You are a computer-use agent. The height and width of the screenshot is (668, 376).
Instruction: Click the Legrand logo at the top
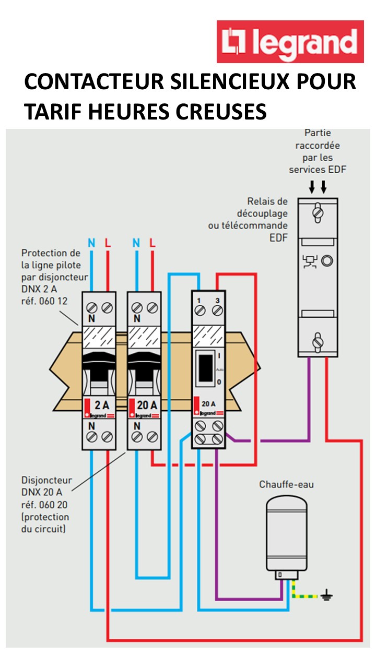[x=290, y=42]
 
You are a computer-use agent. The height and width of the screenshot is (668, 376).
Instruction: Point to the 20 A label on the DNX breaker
[x=146, y=404]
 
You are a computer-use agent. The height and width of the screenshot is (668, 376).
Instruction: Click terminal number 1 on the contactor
[x=199, y=301]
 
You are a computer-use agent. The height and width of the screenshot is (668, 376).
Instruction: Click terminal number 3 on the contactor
[x=217, y=301]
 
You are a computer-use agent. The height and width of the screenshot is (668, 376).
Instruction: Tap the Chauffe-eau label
[x=287, y=484]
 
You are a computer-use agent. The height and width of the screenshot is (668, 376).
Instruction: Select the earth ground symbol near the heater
[x=327, y=595]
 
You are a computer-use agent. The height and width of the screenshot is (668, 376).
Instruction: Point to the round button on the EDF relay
[x=327, y=260]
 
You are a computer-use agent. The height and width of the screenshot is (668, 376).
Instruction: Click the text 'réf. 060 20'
[x=44, y=505]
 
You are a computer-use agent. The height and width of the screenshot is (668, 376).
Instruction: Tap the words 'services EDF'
[x=318, y=169]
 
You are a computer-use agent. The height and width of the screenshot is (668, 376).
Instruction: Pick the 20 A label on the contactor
[x=209, y=403]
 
